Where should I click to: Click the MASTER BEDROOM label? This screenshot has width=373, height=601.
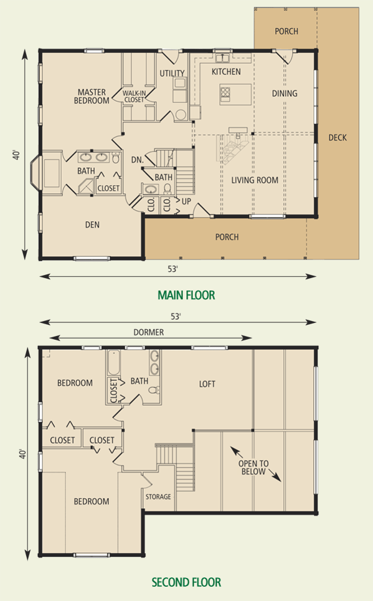coord(92,96)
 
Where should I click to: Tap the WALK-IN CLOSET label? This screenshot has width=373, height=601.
coord(134,96)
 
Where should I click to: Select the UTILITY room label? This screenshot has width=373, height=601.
coord(172,73)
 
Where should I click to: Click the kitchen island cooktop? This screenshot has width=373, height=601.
coord(225,92)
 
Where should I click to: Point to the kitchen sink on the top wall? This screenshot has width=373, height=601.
coord(222,58)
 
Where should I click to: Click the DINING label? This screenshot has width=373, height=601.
coord(285,93)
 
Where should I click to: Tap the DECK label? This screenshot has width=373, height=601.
coord(338,137)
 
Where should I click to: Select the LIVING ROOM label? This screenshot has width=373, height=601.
coord(255,180)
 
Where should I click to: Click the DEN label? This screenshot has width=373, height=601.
coord(92,224)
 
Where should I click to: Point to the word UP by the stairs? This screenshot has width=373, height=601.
coord(186,201)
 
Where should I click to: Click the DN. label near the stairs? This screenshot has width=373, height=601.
coord(138,160)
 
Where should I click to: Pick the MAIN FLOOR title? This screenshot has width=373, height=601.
coord(187,295)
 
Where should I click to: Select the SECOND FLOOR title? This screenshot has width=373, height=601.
coord(187,582)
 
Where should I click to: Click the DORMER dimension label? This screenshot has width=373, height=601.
coord(149,332)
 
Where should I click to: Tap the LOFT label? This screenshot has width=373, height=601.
coord(207,383)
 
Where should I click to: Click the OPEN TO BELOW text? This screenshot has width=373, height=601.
coord(253,467)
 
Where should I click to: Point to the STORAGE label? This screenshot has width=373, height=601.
coord(158,497)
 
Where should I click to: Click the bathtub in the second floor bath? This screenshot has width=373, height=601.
coord(114,363)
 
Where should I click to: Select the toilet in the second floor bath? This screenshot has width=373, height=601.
coord(154,390)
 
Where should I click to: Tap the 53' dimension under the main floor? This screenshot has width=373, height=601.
coord(173,269)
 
